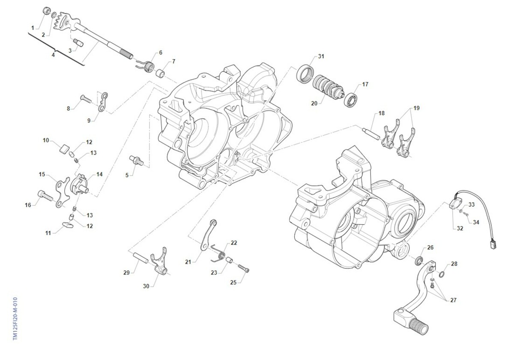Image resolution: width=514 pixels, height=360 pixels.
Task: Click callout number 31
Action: pos(321,57)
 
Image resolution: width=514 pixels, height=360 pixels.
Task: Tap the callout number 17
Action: pos(365,84)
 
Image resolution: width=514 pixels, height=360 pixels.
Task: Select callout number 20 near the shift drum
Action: pos(314,103)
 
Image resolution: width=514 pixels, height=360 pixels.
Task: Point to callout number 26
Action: pos(430,247)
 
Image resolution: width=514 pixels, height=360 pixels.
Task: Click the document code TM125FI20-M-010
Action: pos(15,318)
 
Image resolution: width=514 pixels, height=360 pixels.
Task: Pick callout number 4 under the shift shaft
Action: pos(53,55)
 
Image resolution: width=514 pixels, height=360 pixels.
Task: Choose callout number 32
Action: pos(460,228)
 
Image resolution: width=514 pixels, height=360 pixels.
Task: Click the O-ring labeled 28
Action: pos(441,274)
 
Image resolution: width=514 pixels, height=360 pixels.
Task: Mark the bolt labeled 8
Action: pos(86,99)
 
